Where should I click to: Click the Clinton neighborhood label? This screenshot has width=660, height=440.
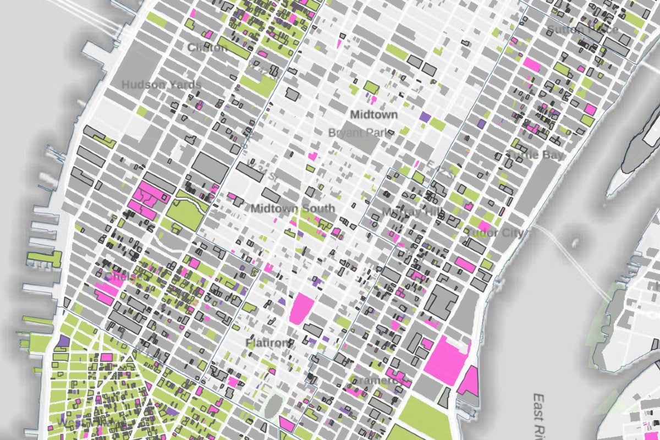(207, 48)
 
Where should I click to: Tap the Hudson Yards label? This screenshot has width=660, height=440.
(153, 85)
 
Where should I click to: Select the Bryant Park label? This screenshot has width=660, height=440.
(361, 133)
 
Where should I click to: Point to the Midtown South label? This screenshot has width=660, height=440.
(292, 208)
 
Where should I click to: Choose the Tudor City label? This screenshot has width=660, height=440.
(494, 233)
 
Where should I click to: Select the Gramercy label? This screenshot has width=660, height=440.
(373, 381)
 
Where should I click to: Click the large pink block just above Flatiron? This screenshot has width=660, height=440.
(301, 307)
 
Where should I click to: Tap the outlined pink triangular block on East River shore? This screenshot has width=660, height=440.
(469, 381)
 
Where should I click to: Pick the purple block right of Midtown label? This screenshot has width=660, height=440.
(425, 117)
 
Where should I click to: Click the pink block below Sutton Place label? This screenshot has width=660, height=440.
(531, 64)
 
